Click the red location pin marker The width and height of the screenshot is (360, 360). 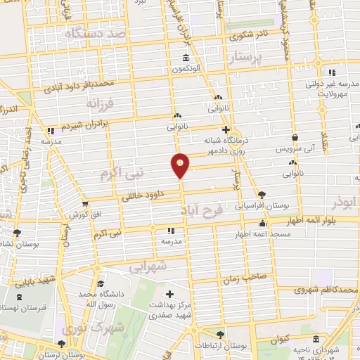coord(180,165)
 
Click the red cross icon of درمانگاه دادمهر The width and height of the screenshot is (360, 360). coord(225,129)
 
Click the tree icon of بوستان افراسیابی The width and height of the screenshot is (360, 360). coord(262,194)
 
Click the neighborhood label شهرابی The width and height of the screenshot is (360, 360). coord(147,266)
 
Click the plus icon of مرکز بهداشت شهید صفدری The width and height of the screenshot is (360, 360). coord(169,293)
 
